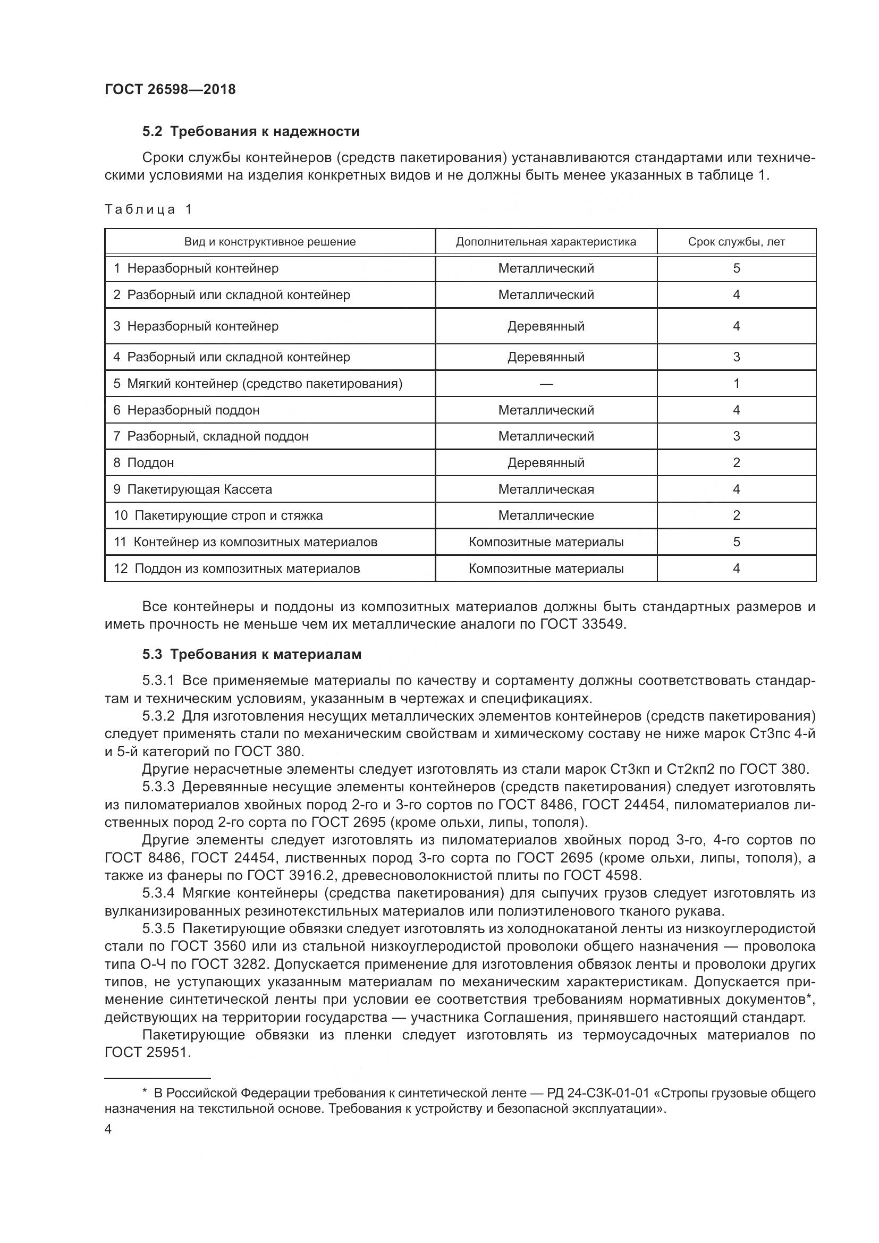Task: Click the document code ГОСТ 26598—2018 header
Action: pos(170,89)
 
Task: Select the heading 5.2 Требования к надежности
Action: pos(251,132)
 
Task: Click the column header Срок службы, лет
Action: pos(736,242)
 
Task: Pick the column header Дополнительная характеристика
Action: pos(546,242)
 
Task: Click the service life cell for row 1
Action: pos(736,268)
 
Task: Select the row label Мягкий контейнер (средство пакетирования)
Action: pos(265,384)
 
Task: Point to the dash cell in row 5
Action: pos(546,384)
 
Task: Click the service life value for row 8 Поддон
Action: pos(736,463)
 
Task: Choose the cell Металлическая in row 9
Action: pos(546,489)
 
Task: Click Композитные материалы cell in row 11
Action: pos(546,542)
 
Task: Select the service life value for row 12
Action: pos(736,569)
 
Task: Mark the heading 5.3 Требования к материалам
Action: pos(252,655)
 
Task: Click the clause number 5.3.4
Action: pos(158,893)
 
